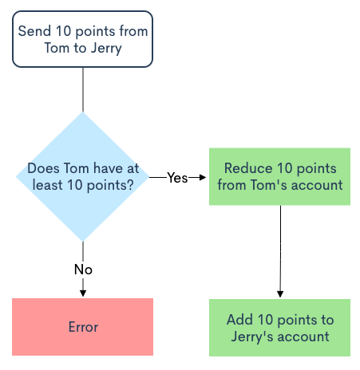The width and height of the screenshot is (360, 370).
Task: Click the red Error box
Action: tap(82, 327)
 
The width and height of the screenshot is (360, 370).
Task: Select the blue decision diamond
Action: tap(82, 176)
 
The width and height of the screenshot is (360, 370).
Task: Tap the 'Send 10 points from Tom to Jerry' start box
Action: tap(82, 39)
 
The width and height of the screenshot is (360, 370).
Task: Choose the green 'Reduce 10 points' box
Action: tap(279, 176)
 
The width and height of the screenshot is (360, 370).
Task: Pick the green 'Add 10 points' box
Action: tap(279, 328)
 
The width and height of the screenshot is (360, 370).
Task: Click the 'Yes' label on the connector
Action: tap(177, 178)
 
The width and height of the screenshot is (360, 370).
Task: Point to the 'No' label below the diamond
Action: tap(83, 270)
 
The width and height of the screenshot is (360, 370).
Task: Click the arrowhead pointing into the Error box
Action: tap(83, 293)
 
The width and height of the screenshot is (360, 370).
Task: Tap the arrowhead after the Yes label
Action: tap(203, 177)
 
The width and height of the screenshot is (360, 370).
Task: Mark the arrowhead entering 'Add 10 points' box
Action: tap(280, 293)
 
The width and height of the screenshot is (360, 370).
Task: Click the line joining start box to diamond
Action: tap(83, 89)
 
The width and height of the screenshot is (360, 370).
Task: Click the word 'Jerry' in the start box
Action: tap(106, 49)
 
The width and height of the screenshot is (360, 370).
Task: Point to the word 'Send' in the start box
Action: tap(34, 31)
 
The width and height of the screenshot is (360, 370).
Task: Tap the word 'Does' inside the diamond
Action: tap(43, 168)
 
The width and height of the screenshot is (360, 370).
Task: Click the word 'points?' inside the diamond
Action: tap(110, 185)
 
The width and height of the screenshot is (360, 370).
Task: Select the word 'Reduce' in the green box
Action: tap(248, 168)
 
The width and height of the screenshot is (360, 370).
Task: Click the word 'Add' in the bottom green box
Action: tap(239, 320)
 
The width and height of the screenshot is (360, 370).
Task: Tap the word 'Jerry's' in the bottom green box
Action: tap(252, 337)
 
